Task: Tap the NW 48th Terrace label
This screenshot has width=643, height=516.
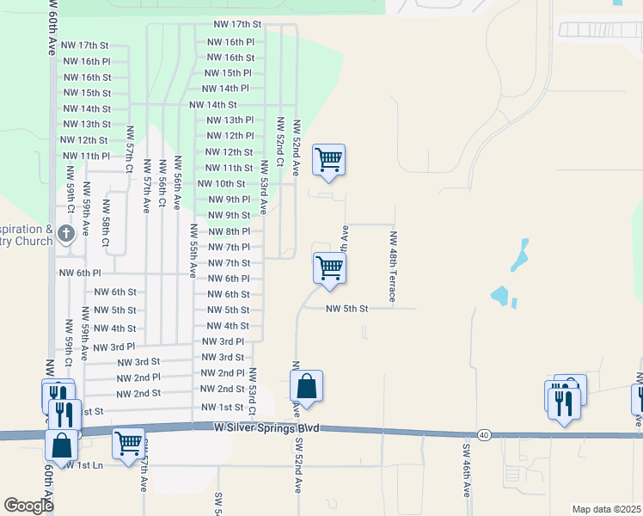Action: click(x=393, y=266)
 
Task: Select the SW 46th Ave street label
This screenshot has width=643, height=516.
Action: click(x=467, y=471)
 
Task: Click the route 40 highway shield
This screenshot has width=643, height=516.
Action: click(x=485, y=435)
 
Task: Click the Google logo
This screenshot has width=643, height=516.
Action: click(x=28, y=506)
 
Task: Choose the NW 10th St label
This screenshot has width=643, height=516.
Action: click(x=222, y=183)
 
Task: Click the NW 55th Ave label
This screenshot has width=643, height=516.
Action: click(x=193, y=249)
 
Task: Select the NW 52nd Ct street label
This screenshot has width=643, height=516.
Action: click(x=279, y=138)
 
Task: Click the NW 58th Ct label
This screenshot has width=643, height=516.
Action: click(x=106, y=224)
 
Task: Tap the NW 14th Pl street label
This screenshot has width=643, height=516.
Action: click(x=225, y=89)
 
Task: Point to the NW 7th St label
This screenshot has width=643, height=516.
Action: click(x=229, y=262)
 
